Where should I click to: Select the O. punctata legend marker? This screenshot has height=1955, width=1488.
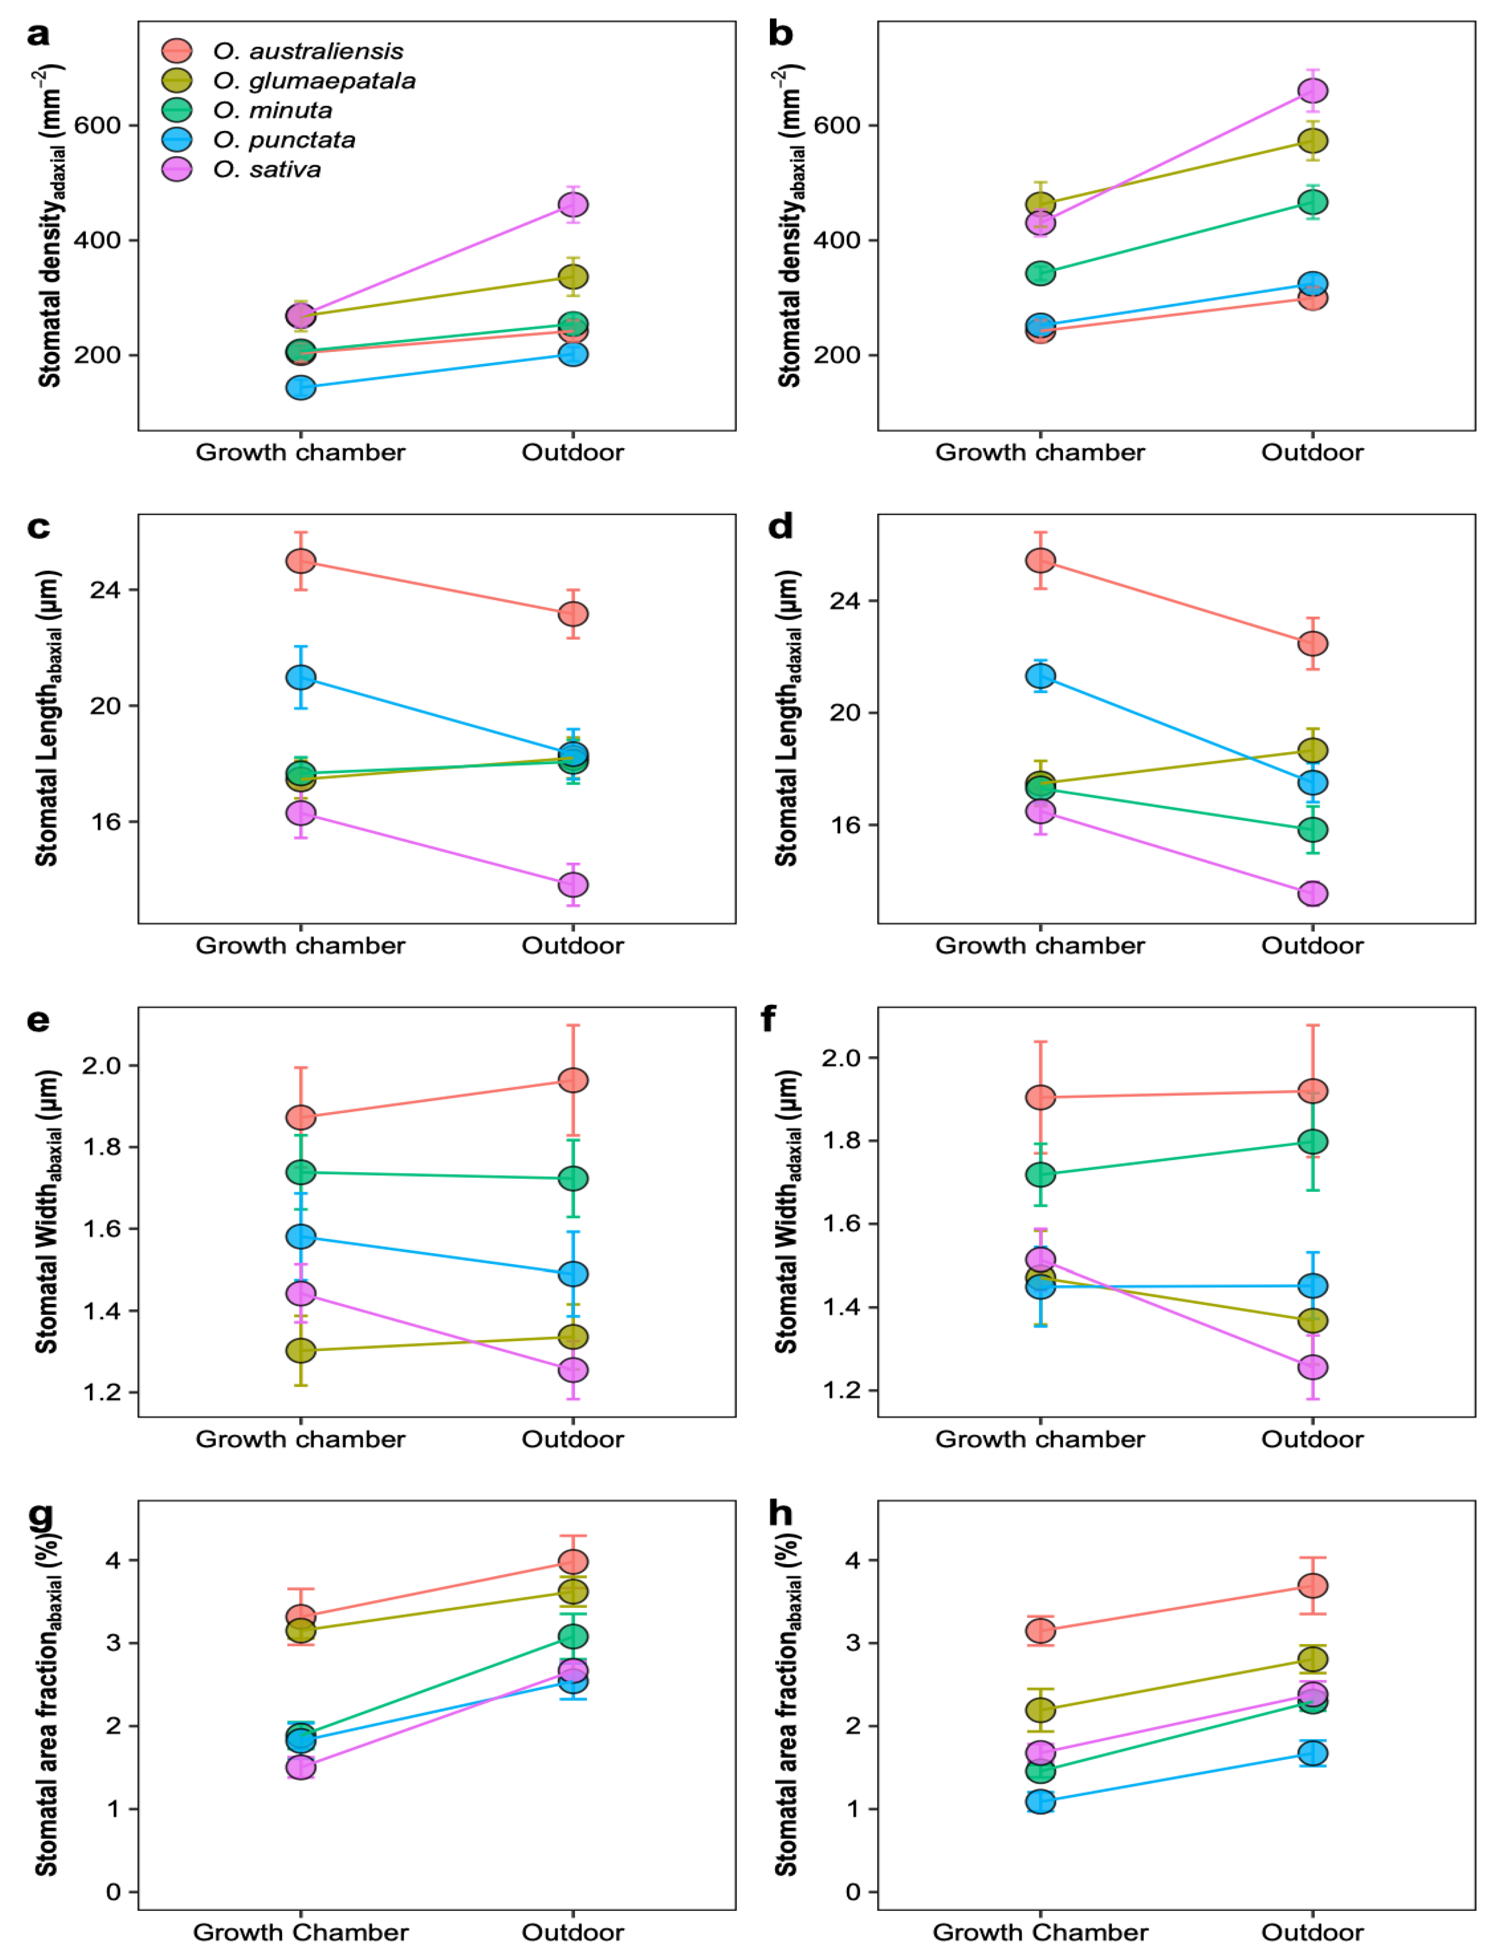pos(177,140)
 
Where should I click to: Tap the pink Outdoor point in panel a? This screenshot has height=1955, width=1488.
pos(573,205)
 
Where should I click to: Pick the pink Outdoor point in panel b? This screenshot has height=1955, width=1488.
pos(1313,91)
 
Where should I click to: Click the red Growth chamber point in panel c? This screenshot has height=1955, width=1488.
pos(301,561)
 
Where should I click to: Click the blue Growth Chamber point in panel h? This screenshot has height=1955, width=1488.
pos(1041,1802)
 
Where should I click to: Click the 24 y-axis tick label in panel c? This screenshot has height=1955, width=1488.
pos(104,590)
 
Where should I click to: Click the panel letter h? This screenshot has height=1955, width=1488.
pos(779,1514)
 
